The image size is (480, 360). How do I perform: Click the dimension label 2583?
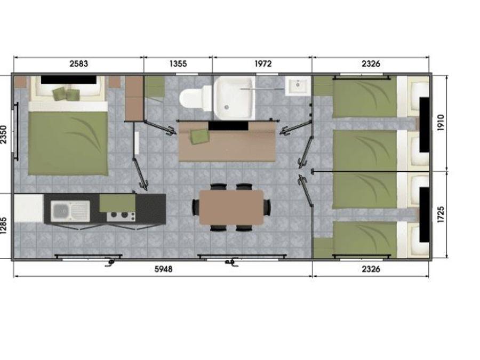(x=79, y=63)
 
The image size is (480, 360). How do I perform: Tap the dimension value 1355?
(x=178, y=63)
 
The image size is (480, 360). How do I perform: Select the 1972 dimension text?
(x=263, y=63)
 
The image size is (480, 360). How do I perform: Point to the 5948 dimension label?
(x=164, y=269)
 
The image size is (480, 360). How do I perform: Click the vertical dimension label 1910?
(x=440, y=123)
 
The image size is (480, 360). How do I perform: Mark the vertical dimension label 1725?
(x=440, y=214)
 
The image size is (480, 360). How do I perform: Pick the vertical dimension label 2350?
(x=3, y=134)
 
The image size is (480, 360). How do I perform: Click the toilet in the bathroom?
(x=191, y=98)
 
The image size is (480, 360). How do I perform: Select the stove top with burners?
(x=121, y=216)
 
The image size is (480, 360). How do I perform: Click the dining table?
(x=231, y=207)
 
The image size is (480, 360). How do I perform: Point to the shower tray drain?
(x=227, y=107)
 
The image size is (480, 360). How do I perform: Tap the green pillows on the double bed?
(x=66, y=93)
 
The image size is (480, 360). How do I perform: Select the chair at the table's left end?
(x=195, y=207)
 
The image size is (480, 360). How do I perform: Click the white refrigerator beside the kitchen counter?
(x=29, y=208)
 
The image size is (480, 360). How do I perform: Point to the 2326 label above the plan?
(x=371, y=63)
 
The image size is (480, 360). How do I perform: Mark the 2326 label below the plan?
(x=371, y=269)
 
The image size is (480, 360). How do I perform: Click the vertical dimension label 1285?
(x=3, y=226)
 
